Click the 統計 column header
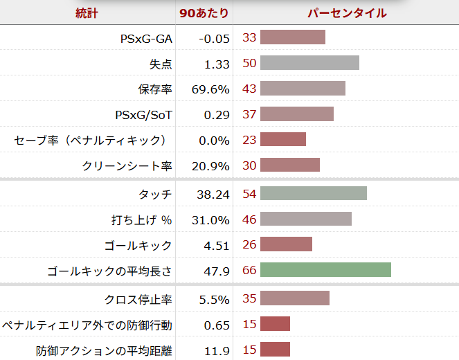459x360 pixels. (x=88, y=13)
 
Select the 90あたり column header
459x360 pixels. (x=204, y=13)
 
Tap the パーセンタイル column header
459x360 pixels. (x=347, y=13)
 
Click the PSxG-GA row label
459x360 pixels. (x=145, y=38)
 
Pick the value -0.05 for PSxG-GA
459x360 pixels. (x=214, y=38)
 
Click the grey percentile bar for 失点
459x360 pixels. (x=309, y=63)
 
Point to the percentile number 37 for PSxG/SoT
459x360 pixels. (x=249, y=114)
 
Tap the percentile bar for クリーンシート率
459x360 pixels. (x=290, y=165)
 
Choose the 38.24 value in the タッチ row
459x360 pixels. (x=213, y=195)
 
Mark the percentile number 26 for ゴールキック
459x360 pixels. (x=249, y=244)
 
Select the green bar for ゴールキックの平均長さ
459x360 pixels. (x=325, y=270)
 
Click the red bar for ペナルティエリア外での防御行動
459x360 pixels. (x=275, y=324)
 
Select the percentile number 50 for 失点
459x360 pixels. (x=249, y=63)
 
